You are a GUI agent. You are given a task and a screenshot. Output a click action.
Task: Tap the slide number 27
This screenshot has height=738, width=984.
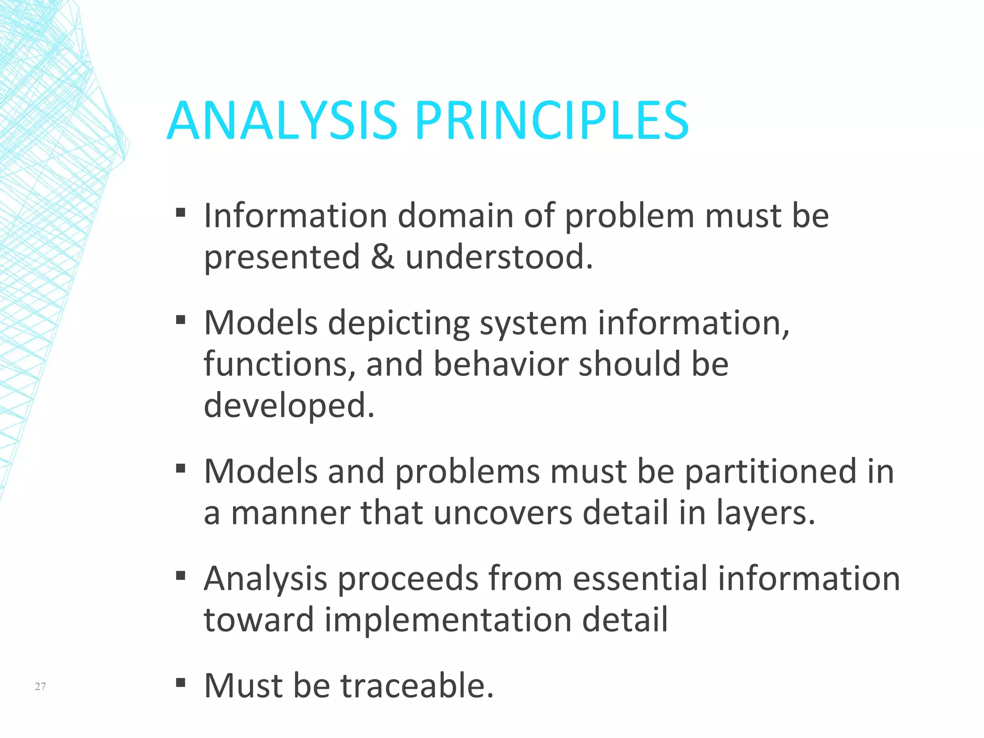[x=40, y=686]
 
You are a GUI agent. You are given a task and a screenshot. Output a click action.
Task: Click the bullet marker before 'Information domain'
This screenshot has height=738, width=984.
[x=181, y=212]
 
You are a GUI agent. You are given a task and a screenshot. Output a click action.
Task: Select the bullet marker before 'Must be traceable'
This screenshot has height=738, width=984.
[x=181, y=682]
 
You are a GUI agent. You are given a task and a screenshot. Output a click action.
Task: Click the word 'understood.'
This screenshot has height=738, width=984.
[x=499, y=257]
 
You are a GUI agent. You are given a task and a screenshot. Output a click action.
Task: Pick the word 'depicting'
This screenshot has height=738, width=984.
[x=398, y=323]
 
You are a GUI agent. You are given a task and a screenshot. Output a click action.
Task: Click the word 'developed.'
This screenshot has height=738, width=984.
[x=289, y=405]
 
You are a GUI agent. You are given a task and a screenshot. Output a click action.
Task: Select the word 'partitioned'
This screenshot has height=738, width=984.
[x=771, y=471]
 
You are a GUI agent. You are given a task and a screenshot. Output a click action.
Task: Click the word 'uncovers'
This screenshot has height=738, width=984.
[x=503, y=513]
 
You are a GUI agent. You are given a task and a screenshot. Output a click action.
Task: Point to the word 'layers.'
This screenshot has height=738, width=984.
[x=766, y=513]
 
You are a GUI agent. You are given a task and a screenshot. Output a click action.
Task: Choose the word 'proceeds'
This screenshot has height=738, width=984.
[x=408, y=578]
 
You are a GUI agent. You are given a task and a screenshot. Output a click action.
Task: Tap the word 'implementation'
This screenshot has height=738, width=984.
[x=448, y=619]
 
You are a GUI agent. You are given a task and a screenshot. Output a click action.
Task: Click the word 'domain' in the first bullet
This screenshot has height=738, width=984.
[x=455, y=215]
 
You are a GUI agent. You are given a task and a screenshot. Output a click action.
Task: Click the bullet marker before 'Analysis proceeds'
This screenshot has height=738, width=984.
[x=181, y=576]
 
